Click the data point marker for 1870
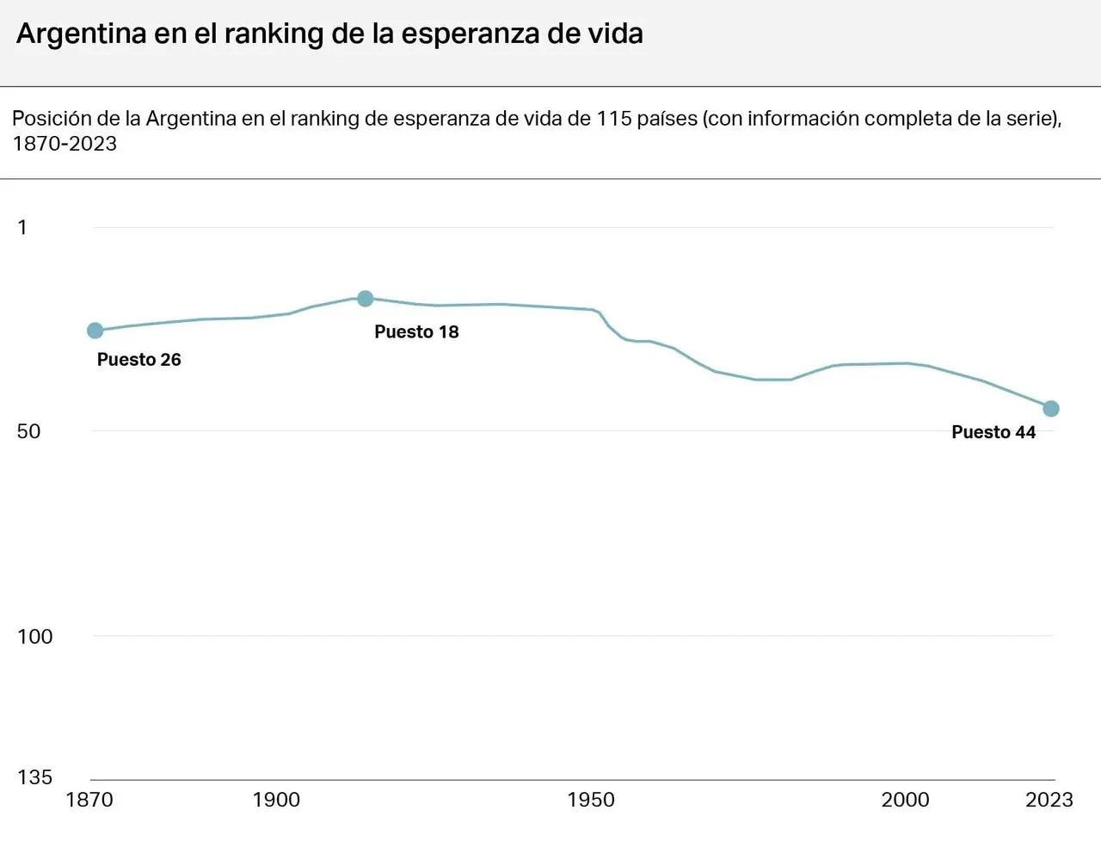[x=95, y=331]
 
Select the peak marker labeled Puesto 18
[x=366, y=299]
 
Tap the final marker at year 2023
[x=1051, y=409]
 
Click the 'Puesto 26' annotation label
[x=139, y=359]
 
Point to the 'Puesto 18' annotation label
[x=416, y=331]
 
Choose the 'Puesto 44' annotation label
[x=993, y=432]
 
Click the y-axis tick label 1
[x=22, y=227]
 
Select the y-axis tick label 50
[x=28, y=431]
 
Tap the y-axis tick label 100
[x=35, y=636]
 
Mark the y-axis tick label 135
[x=35, y=776]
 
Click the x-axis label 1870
[x=89, y=800]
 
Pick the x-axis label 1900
[x=276, y=800]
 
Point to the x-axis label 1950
[x=591, y=800]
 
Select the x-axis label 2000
[x=906, y=800]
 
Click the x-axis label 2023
[x=1049, y=800]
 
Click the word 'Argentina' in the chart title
[x=82, y=34]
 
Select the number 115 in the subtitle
[x=614, y=119]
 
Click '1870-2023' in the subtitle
[x=65, y=144]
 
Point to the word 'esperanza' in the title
[x=469, y=35]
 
